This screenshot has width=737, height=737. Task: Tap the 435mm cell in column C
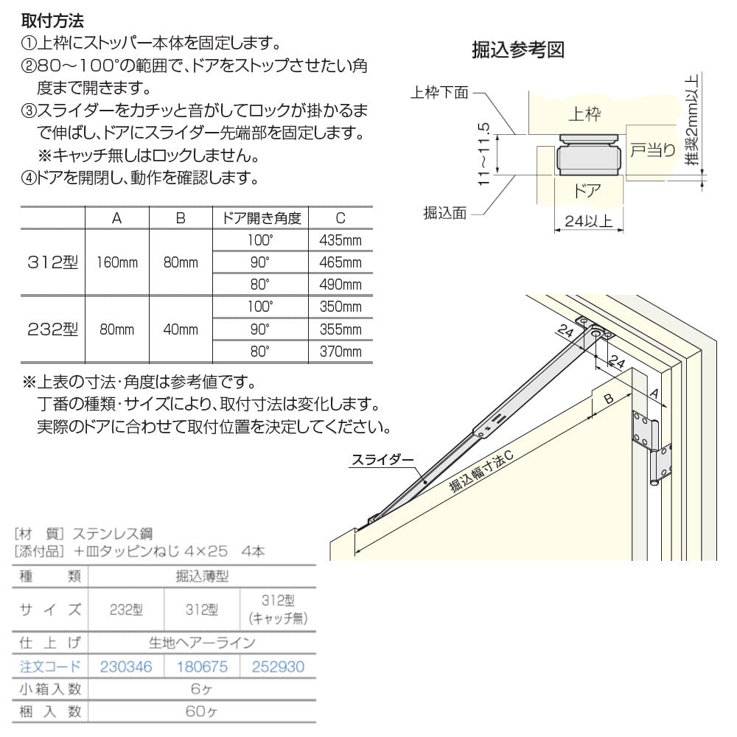tap(340, 241)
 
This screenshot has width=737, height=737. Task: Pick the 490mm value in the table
tap(340, 285)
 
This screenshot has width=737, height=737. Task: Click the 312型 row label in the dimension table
tap(52, 263)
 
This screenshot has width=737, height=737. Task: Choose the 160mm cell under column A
tap(117, 263)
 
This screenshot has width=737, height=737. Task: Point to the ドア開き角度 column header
tap(262, 218)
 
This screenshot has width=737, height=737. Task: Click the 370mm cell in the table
tap(340, 352)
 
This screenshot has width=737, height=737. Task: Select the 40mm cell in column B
tap(181, 329)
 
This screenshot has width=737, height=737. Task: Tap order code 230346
tap(125, 667)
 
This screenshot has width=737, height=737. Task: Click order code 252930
tap(278, 667)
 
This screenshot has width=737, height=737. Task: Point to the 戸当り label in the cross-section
tap(652, 150)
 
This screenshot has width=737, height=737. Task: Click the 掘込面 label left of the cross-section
tap(444, 212)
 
